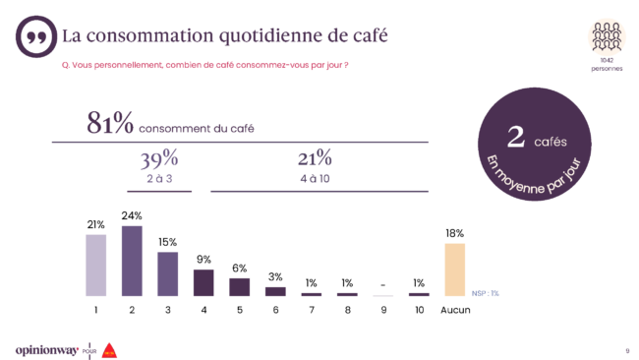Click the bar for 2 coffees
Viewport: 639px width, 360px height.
132,261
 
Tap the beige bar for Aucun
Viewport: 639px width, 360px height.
454,270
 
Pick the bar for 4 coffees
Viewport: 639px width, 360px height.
203,283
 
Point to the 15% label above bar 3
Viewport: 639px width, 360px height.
167,242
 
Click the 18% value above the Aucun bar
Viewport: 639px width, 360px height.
454,233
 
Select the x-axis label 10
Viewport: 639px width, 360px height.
419,310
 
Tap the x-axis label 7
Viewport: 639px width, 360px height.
312,310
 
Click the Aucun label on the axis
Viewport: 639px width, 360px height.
454,310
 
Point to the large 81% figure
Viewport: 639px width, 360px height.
109,126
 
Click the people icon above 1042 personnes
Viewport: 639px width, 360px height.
607,36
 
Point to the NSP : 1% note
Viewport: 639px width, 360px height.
485,292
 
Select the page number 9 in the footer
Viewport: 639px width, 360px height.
626,350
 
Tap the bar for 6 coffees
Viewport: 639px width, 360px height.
275,291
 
